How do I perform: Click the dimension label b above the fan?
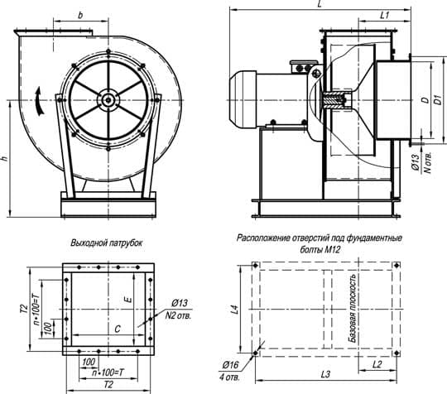(x=80, y=16)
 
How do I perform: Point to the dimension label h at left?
(x=5, y=159)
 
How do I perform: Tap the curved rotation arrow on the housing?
(x=40, y=101)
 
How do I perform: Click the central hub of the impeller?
(x=108, y=100)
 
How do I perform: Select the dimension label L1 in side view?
(x=385, y=15)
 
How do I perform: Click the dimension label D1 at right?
(x=439, y=99)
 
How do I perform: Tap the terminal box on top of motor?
(x=303, y=67)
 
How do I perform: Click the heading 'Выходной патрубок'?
(x=106, y=243)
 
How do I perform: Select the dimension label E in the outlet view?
(x=129, y=300)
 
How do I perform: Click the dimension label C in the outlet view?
(x=118, y=329)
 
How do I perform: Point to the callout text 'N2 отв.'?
(x=178, y=315)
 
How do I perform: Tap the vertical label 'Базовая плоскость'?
(x=353, y=308)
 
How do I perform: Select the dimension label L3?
(x=325, y=374)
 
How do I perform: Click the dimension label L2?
(x=377, y=364)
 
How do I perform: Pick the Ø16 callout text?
(x=231, y=365)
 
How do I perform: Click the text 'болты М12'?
(x=320, y=250)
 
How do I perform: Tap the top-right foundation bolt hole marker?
(x=397, y=266)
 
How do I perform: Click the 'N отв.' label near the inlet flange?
(x=428, y=161)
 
